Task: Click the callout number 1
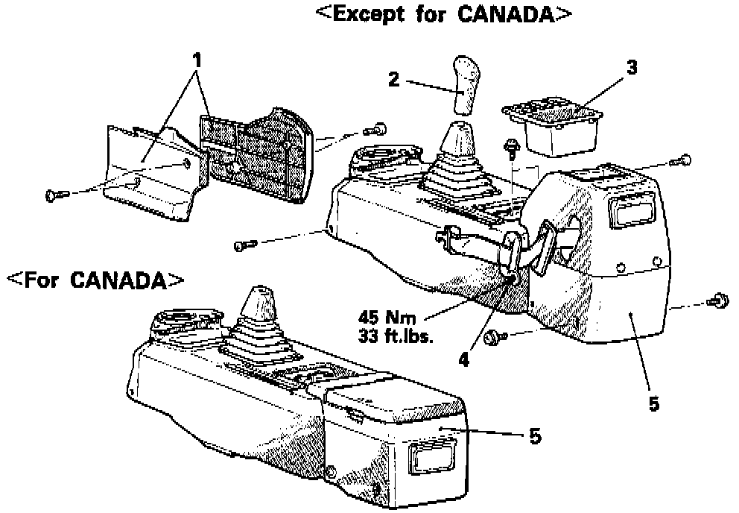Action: pyautogui.click(x=197, y=57)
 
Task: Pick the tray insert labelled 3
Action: pyautogui.click(x=554, y=125)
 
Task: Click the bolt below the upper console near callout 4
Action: pyautogui.click(x=492, y=339)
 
